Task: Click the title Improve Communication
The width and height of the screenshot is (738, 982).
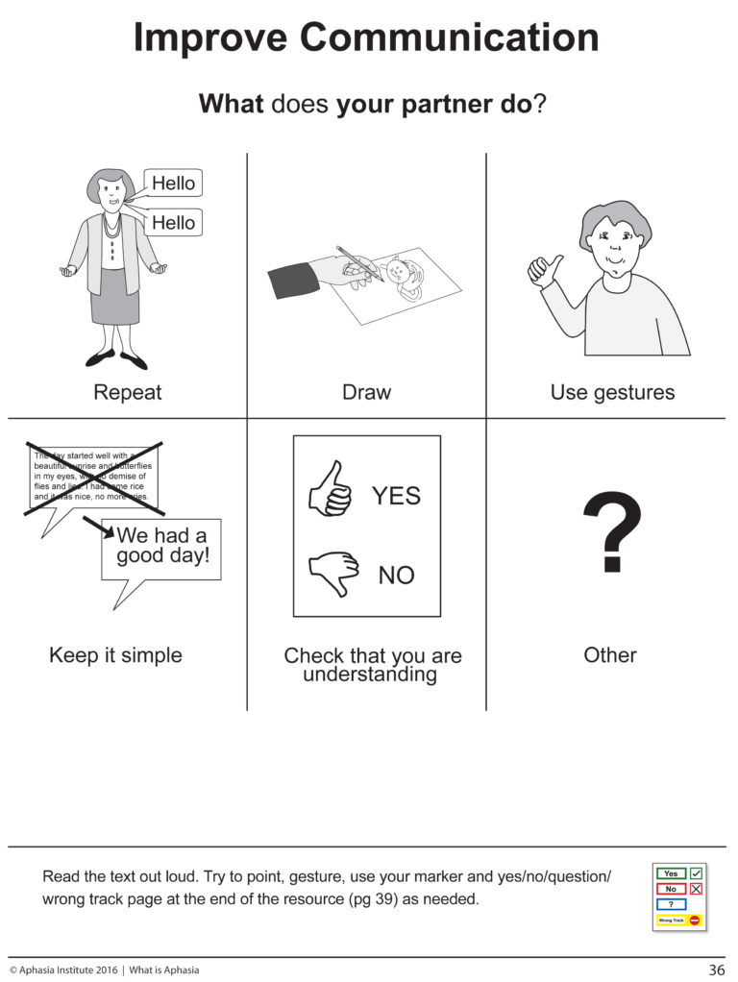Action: (x=366, y=38)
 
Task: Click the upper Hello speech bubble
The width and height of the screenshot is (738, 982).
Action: (x=173, y=183)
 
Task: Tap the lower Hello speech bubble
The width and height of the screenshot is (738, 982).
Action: (x=173, y=223)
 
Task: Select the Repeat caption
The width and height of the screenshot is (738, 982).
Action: (x=127, y=392)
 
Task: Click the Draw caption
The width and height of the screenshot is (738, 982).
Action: (x=366, y=392)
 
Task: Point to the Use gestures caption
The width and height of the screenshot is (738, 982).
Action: (x=612, y=392)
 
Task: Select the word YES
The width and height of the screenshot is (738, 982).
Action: (x=396, y=496)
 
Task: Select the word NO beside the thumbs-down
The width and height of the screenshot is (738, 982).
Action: (x=396, y=576)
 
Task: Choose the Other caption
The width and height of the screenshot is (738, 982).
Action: (x=610, y=655)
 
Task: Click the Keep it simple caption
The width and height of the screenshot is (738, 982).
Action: (x=115, y=655)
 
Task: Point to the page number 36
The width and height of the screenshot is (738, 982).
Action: (x=716, y=970)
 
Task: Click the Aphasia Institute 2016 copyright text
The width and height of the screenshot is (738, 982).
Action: (x=64, y=970)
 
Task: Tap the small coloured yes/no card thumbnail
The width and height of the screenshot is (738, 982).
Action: (x=679, y=896)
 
